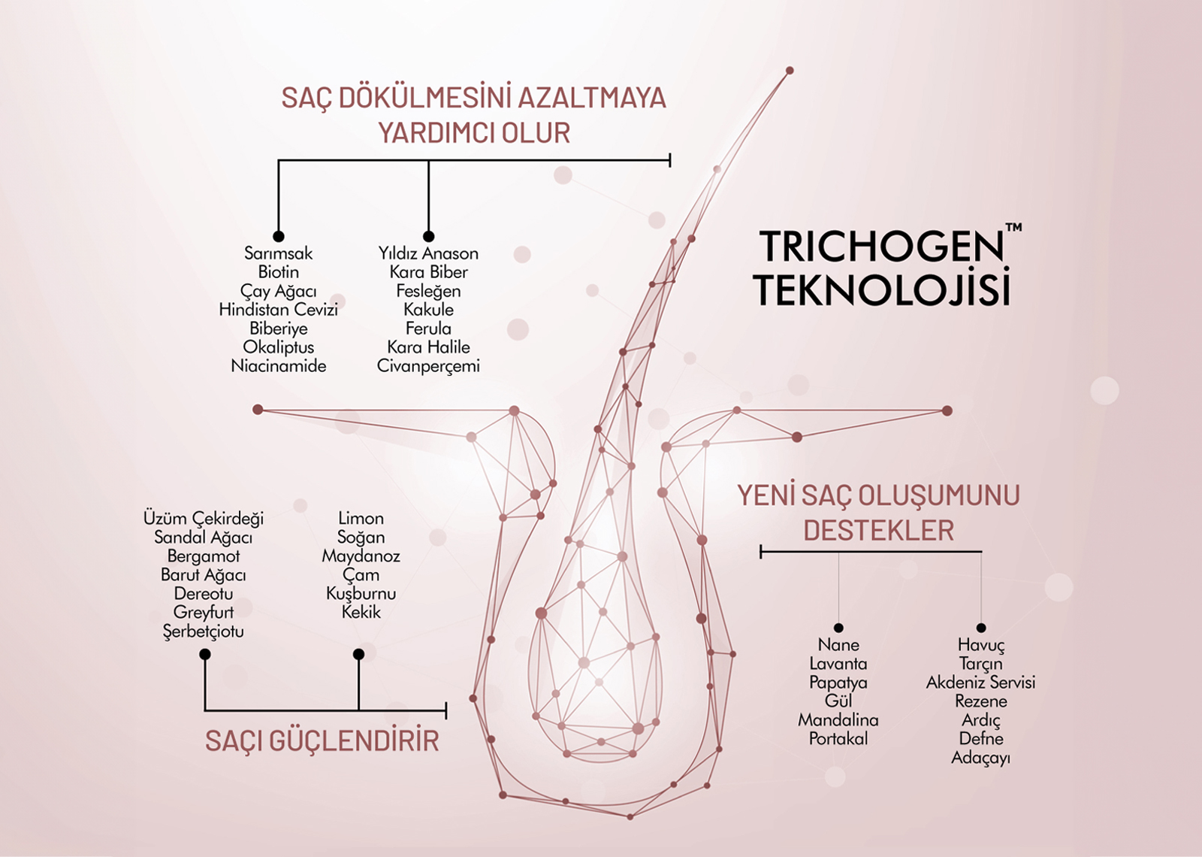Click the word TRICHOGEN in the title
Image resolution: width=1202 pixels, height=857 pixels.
[x=881, y=247]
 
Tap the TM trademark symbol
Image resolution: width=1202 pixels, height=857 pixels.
[x=1013, y=228]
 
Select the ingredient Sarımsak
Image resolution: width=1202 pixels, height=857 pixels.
[x=278, y=253]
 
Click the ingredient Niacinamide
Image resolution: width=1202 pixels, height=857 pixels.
[x=279, y=365]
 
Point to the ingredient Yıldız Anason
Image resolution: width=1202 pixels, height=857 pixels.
[x=428, y=253]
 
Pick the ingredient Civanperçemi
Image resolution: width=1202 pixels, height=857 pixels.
[x=428, y=366]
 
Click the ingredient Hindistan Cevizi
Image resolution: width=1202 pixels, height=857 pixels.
[x=279, y=309]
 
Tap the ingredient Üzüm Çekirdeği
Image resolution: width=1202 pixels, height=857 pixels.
[x=204, y=519]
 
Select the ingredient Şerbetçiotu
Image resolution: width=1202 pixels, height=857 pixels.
[x=204, y=631]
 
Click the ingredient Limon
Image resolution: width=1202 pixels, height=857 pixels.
[x=361, y=518]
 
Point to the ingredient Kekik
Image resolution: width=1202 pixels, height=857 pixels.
[x=361, y=612]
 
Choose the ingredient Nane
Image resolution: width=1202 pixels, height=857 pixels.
[x=838, y=644]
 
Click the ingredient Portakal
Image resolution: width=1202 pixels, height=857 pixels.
[x=838, y=738]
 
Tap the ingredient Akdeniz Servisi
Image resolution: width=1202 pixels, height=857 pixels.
[x=981, y=682]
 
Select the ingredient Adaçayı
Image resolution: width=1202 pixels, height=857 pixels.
[x=981, y=759]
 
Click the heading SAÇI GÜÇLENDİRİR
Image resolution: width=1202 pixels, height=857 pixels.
[x=322, y=741]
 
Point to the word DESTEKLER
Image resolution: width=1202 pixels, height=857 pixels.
[x=879, y=531]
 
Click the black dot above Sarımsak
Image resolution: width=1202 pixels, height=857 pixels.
[x=279, y=236]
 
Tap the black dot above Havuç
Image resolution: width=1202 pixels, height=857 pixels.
[x=981, y=628]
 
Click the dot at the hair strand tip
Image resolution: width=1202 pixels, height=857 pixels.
[x=790, y=71]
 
